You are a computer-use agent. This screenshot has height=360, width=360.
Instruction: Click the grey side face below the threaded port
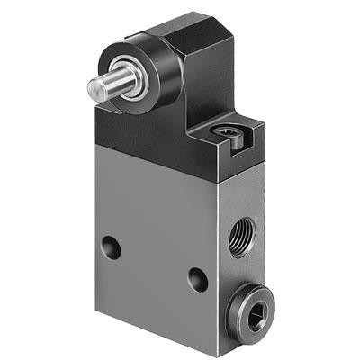[x=236, y=279]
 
